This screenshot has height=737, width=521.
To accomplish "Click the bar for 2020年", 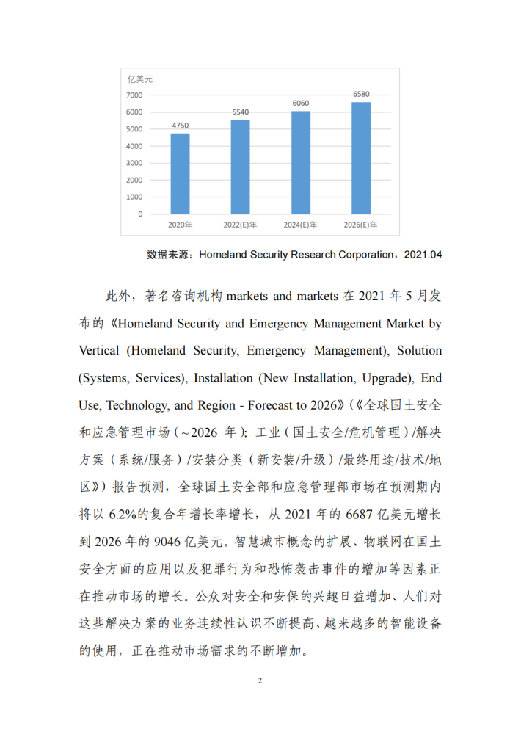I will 180,173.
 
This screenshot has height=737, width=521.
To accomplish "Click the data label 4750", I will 180,126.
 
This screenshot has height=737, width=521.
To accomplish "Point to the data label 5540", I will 241,112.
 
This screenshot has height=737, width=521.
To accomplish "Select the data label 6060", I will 301,104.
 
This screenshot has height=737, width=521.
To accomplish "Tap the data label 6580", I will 361,95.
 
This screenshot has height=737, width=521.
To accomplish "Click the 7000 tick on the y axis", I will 134,95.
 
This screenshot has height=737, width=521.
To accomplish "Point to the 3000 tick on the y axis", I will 134,163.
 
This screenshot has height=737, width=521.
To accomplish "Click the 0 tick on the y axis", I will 140,214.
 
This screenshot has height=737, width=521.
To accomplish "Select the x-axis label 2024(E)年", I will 301,225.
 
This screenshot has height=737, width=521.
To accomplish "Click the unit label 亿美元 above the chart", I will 139,79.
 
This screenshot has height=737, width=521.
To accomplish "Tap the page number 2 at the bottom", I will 260,680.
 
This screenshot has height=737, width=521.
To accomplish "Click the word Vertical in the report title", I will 99,350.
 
